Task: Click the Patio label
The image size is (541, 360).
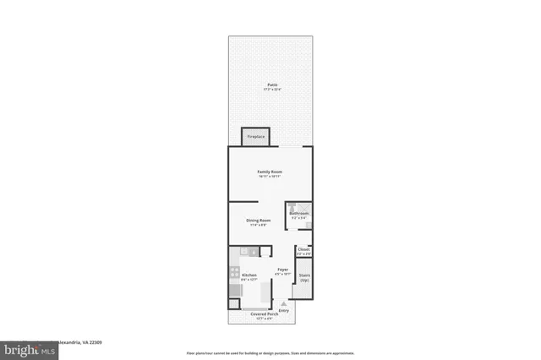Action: [x=272, y=85]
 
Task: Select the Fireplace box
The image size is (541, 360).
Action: [x=254, y=137]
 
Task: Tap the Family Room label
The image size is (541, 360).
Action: [x=270, y=172]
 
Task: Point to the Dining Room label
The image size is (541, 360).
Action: [x=259, y=220]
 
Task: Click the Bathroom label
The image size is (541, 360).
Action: [x=299, y=213]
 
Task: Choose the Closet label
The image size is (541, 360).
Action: [x=303, y=249]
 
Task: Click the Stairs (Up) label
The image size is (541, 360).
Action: [x=304, y=276]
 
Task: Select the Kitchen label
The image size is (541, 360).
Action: [x=249, y=275]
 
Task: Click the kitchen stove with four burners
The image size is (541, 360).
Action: [x=233, y=273]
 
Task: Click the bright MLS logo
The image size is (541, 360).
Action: [x=25, y=348]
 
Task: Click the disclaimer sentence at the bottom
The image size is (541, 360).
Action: [x=270, y=352]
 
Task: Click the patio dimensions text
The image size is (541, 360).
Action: [x=272, y=90]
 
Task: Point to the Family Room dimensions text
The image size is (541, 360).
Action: [x=270, y=177]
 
